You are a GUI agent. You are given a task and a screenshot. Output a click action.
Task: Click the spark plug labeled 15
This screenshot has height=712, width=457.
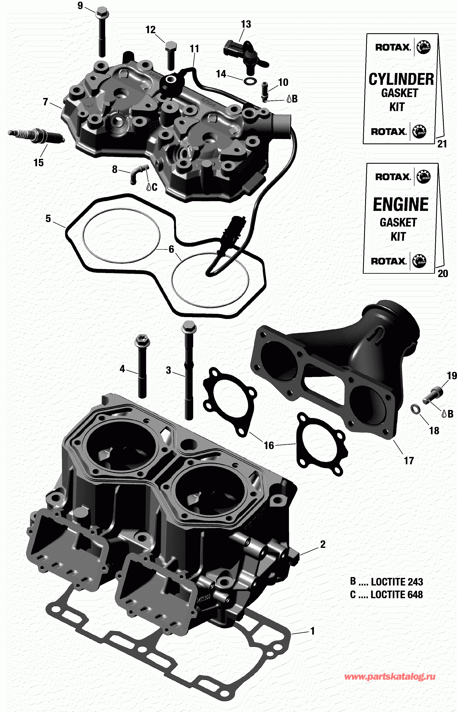[36, 136]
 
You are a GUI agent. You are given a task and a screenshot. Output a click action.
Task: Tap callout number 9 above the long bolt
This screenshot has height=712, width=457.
[80, 6]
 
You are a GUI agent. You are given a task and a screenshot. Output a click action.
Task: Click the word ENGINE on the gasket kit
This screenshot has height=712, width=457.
[401, 204]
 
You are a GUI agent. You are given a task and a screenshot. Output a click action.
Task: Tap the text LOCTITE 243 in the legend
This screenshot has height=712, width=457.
[397, 582]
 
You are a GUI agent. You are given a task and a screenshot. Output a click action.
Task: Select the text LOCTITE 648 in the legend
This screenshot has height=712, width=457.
[396, 595]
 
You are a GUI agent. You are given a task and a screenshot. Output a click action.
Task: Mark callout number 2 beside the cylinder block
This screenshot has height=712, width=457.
[323, 544]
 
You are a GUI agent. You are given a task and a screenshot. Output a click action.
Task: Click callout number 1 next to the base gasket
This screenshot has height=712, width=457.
[312, 631]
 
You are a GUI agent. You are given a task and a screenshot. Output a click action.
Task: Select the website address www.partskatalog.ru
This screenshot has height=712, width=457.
[390, 676]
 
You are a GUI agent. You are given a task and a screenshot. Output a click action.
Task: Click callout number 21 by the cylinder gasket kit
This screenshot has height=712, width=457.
[442, 144]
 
